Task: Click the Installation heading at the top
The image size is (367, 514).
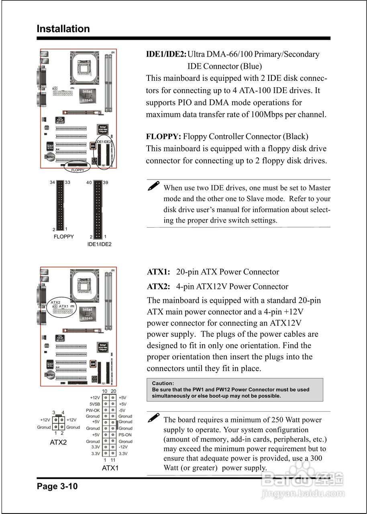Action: pos(63,29)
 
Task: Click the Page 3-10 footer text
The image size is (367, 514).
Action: pos(57,486)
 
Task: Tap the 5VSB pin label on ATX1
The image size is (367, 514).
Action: pos(95,404)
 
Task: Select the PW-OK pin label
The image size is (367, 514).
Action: pos(93,410)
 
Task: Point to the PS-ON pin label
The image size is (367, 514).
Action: pos(125,435)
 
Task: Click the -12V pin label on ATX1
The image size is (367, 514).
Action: pos(123,447)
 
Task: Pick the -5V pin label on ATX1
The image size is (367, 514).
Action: pos(122,410)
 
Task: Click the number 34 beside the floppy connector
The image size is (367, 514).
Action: pos(52,183)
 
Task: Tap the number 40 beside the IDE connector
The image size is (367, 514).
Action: pos(89,183)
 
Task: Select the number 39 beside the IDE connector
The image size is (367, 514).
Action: pos(105,183)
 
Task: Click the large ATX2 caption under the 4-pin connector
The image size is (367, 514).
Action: pos(58,443)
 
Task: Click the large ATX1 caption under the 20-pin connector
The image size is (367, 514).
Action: pos(110,468)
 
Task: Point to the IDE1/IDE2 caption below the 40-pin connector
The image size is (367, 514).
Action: pos(99,244)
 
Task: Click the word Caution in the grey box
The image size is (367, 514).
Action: pos(163,383)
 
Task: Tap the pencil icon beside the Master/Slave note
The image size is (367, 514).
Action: pos(153,186)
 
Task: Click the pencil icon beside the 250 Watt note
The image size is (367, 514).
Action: pos(153,418)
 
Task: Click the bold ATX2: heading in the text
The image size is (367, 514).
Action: pos(159,287)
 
